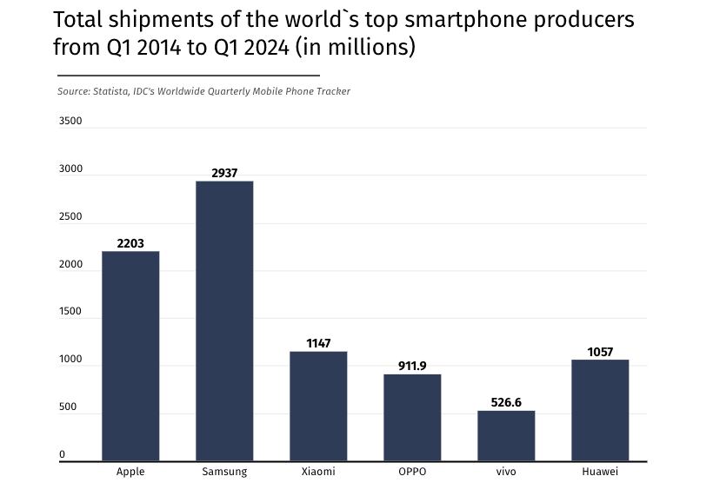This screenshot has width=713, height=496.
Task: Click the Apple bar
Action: [130, 356]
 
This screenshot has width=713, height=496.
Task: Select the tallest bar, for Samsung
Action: [224, 321]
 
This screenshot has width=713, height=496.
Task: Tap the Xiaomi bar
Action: [318, 406]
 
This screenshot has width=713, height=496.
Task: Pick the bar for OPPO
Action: [412, 417]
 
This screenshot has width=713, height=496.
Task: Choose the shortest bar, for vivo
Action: [506, 435]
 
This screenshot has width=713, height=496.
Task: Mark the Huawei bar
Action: [600, 410]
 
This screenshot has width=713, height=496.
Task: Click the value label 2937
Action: [224, 174]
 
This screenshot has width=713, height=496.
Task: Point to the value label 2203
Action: [130, 244]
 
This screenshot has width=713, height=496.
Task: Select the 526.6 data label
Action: [506, 403]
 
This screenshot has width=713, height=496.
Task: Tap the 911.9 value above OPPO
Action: [412, 367]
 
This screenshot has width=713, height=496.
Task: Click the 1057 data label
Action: [600, 352]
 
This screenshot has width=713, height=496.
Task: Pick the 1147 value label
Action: [318, 344]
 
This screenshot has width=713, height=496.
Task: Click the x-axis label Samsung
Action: [224, 472]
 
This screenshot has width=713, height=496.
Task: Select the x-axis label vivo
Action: [506, 472]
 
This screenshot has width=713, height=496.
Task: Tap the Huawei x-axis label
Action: [600, 472]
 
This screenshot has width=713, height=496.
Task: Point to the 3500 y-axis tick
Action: [70, 122]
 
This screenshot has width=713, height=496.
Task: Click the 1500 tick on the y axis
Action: [70, 312]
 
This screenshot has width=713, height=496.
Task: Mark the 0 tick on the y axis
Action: [62, 454]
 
